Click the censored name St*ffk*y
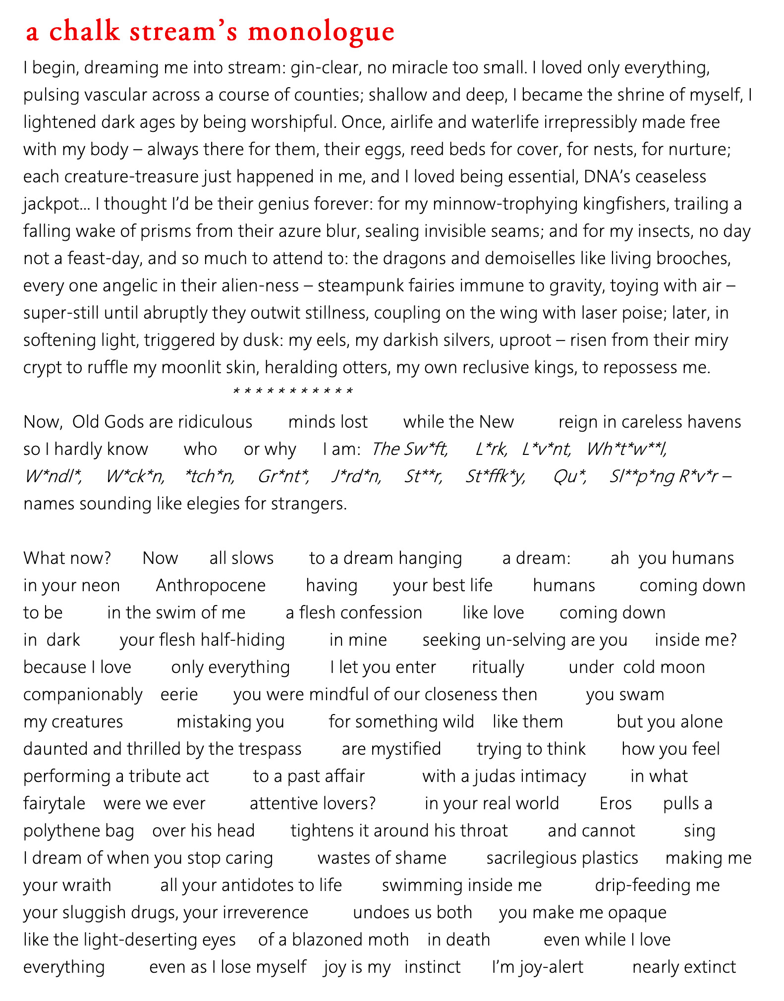495,476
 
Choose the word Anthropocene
211,585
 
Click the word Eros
616,803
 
